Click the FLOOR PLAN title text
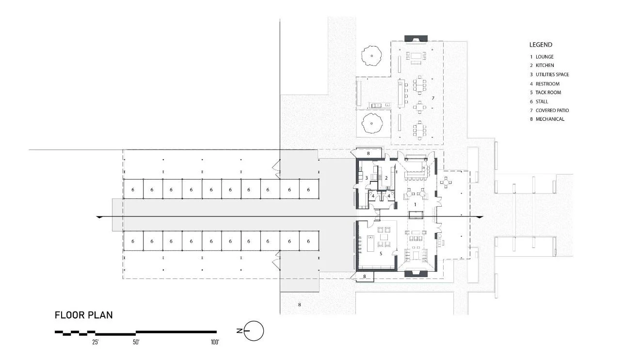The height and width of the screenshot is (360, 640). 83,315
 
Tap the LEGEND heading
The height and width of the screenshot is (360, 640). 541,45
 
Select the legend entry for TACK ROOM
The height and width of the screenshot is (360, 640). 548,92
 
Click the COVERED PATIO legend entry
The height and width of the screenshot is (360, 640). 552,110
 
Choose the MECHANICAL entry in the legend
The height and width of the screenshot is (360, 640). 549,119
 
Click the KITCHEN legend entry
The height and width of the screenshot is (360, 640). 544,65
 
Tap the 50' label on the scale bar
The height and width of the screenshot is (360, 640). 136,343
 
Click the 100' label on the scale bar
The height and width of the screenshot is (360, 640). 215,343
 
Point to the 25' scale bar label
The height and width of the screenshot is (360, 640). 96,343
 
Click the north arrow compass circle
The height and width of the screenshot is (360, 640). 256,331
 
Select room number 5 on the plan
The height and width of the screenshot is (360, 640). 382,253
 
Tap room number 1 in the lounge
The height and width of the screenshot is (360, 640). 415,205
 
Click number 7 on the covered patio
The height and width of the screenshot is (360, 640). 433,98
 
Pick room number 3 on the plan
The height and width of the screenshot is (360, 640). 367,179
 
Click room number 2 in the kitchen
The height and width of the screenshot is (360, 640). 386,179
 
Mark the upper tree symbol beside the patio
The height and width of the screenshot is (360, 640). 372,56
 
